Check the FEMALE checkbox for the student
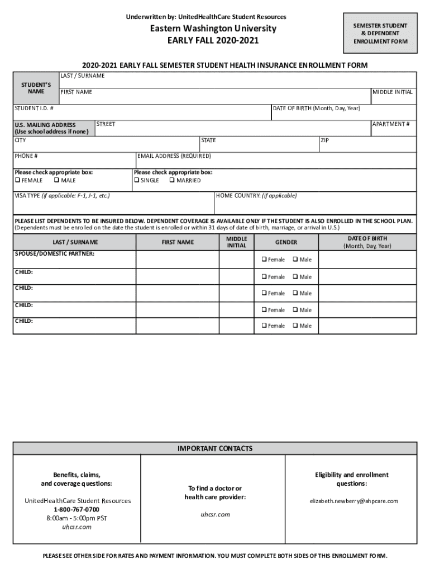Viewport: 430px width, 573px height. [x=17, y=180]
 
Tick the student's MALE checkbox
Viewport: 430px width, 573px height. [x=56, y=180]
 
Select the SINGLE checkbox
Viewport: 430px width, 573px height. [x=137, y=180]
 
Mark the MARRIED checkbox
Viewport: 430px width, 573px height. [x=172, y=180]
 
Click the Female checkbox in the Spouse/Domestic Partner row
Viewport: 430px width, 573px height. [x=264, y=260]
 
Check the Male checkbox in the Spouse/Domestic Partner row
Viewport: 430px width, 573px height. [x=294, y=260]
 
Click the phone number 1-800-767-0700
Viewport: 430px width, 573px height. [x=77, y=509]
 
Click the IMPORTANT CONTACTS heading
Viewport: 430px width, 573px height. [x=215, y=448]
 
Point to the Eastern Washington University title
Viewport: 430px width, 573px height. [x=215, y=29]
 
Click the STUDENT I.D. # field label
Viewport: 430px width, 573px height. [x=34, y=108]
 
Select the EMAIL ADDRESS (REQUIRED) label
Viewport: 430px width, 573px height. [x=174, y=156]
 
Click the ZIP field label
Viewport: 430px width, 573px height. [x=325, y=140]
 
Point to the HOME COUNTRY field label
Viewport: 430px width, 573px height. [x=256, y=196]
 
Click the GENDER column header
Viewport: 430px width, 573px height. [x=286, y=242]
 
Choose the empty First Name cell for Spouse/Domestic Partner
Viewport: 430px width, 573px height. [x=177, y=260]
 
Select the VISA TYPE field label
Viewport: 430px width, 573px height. [x=62, y=196]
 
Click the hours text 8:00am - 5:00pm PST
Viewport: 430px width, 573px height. [x=77, y=518]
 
